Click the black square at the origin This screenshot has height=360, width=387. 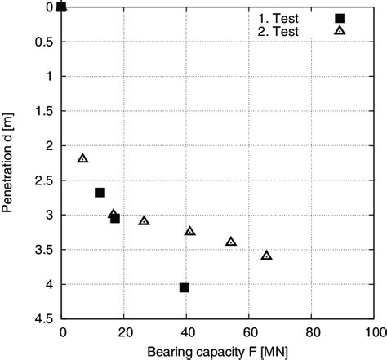[62, 7]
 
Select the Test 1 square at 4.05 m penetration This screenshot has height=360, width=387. [185, 287]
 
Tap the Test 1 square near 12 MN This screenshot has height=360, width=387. [100, 193]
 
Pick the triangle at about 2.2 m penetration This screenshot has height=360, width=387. [82, 158]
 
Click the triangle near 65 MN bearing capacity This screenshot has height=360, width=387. [266, 256]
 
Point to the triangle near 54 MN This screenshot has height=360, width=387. [231, 242]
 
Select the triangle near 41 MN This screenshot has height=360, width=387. [190, 231]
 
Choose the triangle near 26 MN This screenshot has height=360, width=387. [145, 220]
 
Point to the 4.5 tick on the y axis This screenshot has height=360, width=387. [47, 319]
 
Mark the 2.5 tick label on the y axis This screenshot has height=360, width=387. [47, 180]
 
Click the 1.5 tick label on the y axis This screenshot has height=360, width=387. [47, 111]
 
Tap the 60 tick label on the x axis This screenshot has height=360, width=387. [250, 333]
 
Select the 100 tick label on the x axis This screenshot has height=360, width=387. [376, 333]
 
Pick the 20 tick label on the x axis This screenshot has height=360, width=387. [125, 333]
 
